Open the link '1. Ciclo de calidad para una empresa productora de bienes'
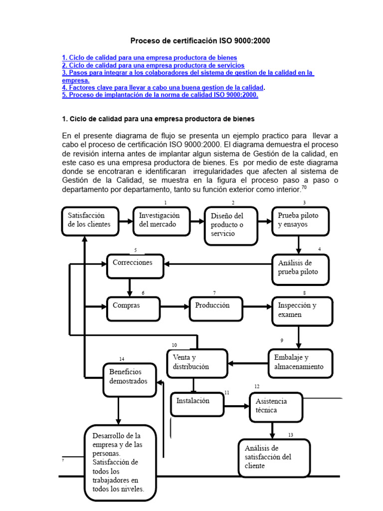(x=150, y=58)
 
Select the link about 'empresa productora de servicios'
(x=153, y=65)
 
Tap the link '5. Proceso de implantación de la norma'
(x=160, y=95)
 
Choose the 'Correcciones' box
(x=135, y=265)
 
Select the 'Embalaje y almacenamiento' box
(x=301, y=362)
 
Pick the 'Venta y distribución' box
(x=197, y=363)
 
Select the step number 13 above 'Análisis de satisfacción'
(x=290, y=435)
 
